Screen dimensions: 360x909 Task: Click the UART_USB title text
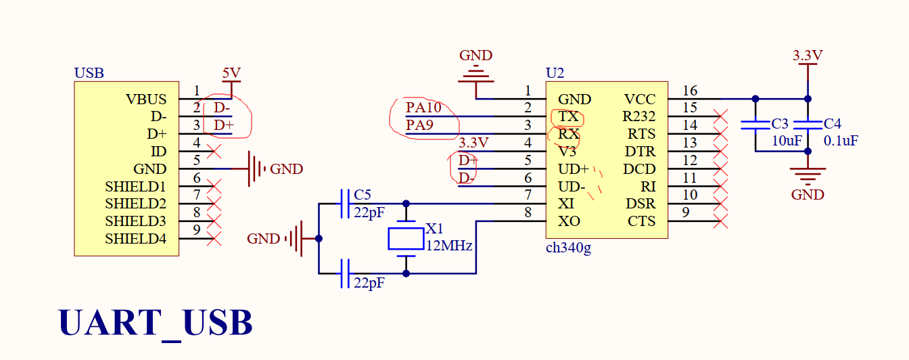(156, 323)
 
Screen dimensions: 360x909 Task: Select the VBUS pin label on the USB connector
(146, 99)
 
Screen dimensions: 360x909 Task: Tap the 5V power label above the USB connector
(231, 72)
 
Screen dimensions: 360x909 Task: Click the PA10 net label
(423, 107)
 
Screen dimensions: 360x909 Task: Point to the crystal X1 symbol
(406, 238)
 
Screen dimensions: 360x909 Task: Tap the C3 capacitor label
(780, 124)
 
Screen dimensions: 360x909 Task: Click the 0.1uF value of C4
(841, 141)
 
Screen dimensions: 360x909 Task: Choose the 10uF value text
(787, 141)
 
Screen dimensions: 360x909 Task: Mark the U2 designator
(555, 72)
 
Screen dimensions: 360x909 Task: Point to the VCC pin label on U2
(639, 99)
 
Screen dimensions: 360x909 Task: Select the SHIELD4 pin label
(135, 239)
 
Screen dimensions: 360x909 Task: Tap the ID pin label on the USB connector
(158, 152)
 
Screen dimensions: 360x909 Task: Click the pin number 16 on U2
(690, 91)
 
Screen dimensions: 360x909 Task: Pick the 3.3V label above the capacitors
(808, 55)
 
